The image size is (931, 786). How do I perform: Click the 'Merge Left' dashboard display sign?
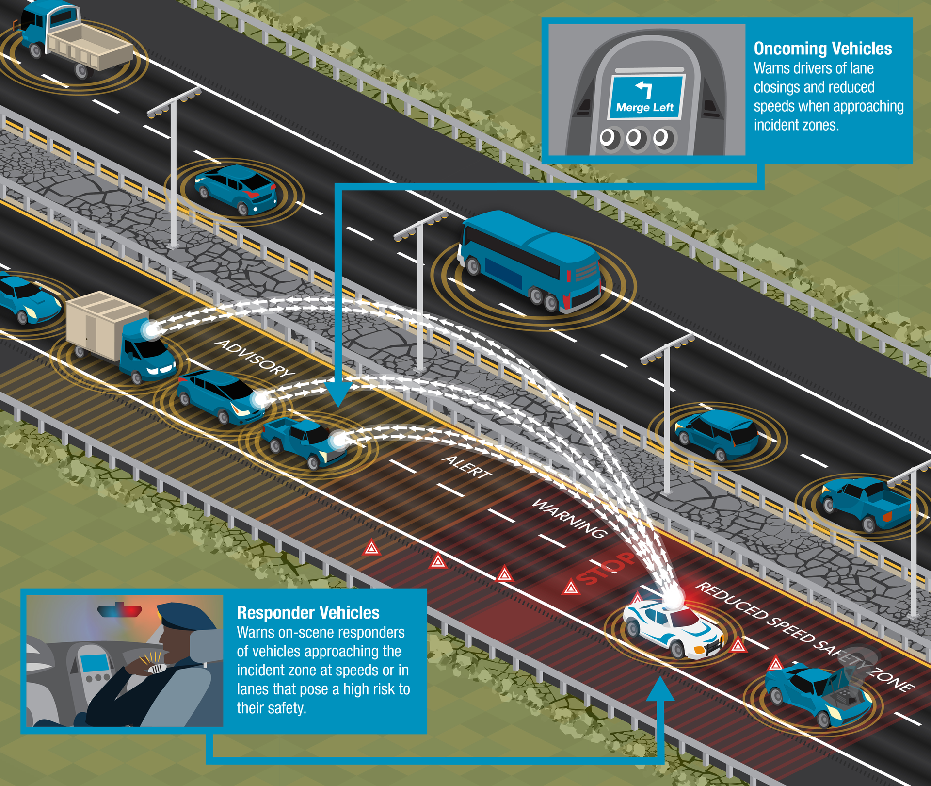pyautogui.click(x=646, y=97)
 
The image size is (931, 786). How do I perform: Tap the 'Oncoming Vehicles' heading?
pyautogui.click(x=822, y=49)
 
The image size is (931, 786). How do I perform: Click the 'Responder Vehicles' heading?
pyautogui.click(x=308, y=613)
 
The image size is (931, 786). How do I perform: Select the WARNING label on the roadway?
pyautogui.click(x=570, y=518)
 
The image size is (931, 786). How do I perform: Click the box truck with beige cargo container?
pyautogui.click(x=119, y=335)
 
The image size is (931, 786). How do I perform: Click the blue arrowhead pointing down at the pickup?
pyautogui.click(x=338, y=393)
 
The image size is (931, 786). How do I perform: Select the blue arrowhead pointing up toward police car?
pyautogui.click(x=660, y=689)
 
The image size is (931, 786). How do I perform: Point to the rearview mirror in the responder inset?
pyautogui.click(x=119, y=610)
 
